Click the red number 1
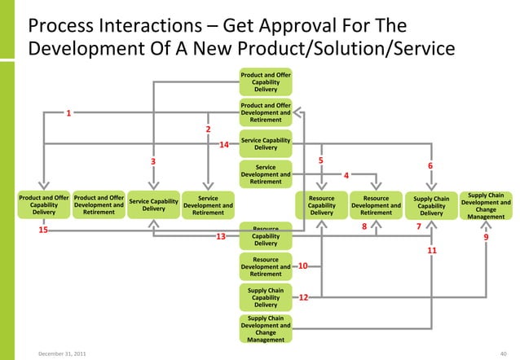pyautogui.click(x=69, y=113)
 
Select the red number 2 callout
pyautogui.click(x=208, y=130)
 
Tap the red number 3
pyautogui.click(x=152, y=161)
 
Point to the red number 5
pyautogui.click(x=321, y=160)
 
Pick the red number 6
pyautogui.click(x=430, y=166)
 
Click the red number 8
pyautogui.click(x=364, y=227)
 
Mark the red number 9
pyautogui.click(x=486, y=238)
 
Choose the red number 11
pyautogui.click(x=432, y=251)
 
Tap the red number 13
pyautogui.click(x=220, y=237)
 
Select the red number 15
pyautogui.click(x=43, y=230)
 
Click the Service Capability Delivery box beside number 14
pyautogui.click(x=266, y=143)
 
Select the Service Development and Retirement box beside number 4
pyautogui.click(x=266, y=173)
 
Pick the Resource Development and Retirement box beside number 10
pyautogui.click(x=266, y=266)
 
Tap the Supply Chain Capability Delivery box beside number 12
pyautogui.click(x=266, y=297)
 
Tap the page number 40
pyautogui.click(x=502, y=352)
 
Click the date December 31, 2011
pyautogui.click(x=59, y=352)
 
